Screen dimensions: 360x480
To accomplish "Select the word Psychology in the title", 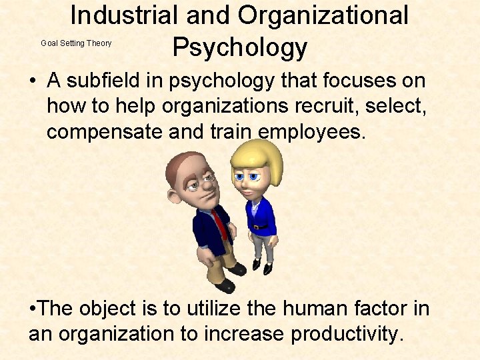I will pos(239,48).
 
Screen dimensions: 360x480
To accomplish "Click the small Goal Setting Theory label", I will pos(76,43).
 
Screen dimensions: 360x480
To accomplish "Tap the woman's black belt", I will pos(259,227).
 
